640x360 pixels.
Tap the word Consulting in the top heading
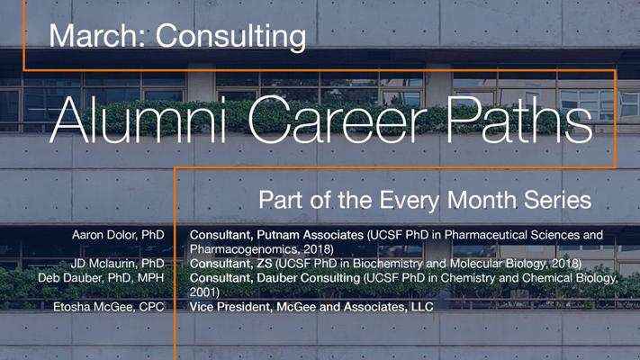(230, 38)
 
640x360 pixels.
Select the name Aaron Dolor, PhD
(118, 235)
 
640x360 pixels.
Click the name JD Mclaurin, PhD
(118, 264)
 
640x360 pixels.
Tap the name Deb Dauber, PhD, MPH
(101, 278)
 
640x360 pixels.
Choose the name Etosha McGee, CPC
(109, 307)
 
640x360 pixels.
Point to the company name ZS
(265, 264)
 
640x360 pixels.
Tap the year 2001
(204, 292)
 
